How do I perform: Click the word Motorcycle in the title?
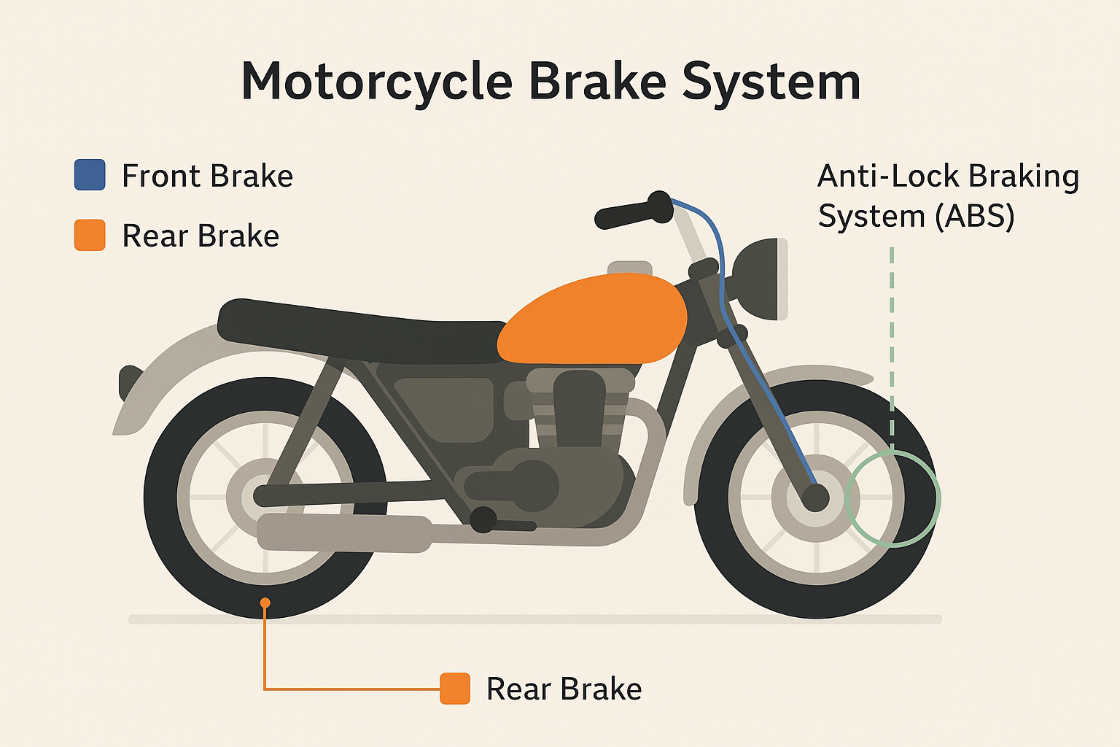[x=377, y=81]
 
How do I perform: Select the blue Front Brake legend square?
[x=90, y=175]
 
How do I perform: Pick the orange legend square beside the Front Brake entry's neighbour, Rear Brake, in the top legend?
[x=90, y=235]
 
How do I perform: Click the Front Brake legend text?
[x=207, y=176]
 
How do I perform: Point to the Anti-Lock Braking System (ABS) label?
[x=947, y=196]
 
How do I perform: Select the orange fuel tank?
[x=594, y=320]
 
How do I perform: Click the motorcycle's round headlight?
[x=761, y=279]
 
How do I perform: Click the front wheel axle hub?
[x=815, y=498]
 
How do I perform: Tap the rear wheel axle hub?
[x=264, y=496]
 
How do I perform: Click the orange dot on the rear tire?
[x=265, y=603]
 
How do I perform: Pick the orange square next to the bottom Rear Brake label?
[x=455, y=689]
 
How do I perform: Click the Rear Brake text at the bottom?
[x=564, y=689]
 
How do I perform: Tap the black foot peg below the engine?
[x=483, y=519]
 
